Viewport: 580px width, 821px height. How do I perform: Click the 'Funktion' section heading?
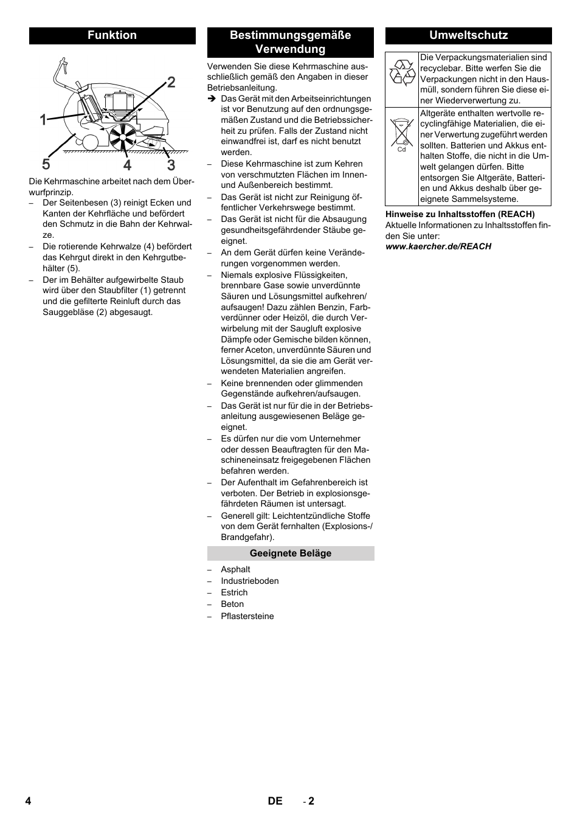pyautogui.click(x=112, y=35)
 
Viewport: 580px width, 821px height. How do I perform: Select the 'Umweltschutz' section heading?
pyautogui.click(x=468, y=35)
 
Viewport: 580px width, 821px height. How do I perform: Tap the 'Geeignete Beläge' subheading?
pyautogui.click(x=291, y=553)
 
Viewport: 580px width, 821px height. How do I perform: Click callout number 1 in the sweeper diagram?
pyautogui.click(x=43, y=120)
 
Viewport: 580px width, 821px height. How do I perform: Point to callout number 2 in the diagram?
pyautogui.click(x=171, y=82)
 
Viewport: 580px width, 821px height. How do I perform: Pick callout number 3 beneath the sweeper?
pyautogui.click(x=171, y=165)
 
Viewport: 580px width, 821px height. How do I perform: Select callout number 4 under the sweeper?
pyautogui.click(x=127, y=165)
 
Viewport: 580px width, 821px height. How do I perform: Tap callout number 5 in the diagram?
pyautogui.click(x=46, y=165)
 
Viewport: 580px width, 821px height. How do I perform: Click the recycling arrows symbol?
pyautogui.click(x=402, y=72)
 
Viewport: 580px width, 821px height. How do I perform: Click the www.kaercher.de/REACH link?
pyautogui.click(x=438, y=246)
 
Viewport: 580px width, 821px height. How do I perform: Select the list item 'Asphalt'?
pyautogui.click(x=235, y=569)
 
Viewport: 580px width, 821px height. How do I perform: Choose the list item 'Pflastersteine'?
pyautogui.click(x=247, y=616)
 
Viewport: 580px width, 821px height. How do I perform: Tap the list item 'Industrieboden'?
pyautogui.click(x=250, y=581)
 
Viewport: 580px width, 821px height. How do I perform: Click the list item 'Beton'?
pyautogui.click(x=232, y=604)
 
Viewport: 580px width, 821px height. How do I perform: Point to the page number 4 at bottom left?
pyautogui.click(x=28, y=801)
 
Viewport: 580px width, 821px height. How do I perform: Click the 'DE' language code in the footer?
pyautogui.click(x=275, y=801)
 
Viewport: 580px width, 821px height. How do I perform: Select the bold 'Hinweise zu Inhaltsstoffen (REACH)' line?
pyautogui.click(x=460, y=214)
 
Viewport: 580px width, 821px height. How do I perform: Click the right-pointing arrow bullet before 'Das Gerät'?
pyautogui.click(x=212, y=99)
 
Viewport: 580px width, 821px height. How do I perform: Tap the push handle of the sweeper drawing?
pyautogui.click(x=61, y=68)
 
